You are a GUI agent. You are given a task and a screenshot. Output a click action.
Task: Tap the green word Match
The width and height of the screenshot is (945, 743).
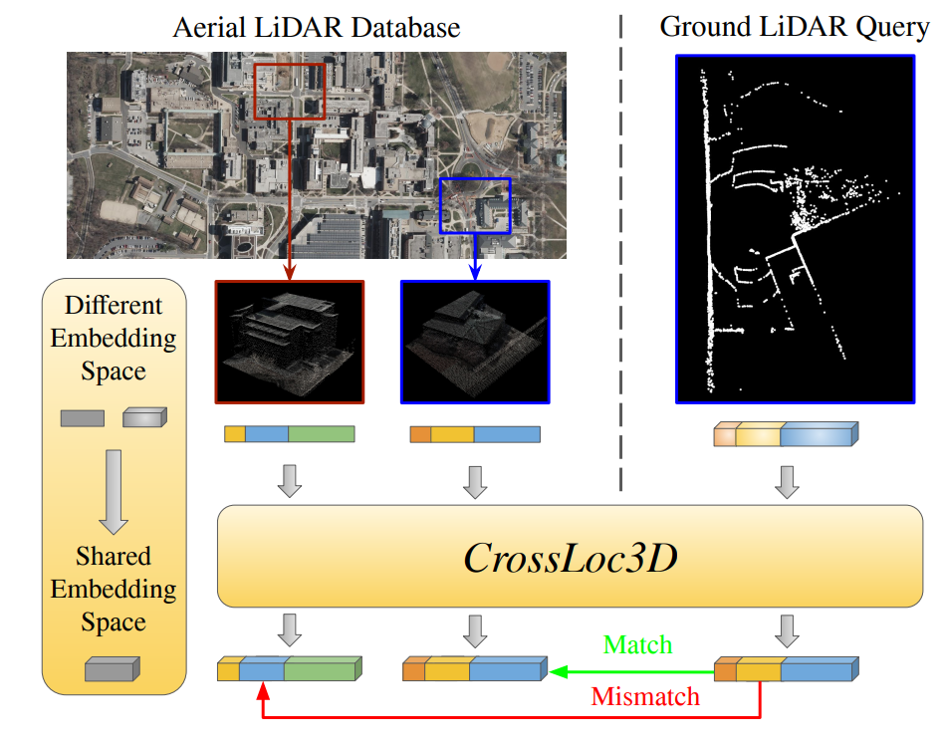click(638, 644)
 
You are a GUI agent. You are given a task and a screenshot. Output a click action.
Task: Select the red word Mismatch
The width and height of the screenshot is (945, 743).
click(645, 696)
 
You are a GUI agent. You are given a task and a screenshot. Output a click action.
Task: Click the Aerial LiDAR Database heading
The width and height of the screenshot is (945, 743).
click(317, 27)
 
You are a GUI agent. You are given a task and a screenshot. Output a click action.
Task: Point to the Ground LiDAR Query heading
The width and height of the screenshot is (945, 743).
click(794, 27)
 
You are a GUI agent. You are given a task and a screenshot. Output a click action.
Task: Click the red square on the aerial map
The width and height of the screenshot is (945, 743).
click(290, 92)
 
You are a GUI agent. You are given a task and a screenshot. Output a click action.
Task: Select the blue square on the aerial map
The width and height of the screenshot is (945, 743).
click(475, 206)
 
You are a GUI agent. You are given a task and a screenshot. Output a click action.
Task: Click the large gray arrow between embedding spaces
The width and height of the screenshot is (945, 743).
click(113, 491)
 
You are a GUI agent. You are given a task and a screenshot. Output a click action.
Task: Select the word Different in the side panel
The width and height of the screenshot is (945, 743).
click(114, 306)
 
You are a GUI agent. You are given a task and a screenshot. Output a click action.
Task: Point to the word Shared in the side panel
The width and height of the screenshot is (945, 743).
click(114, 556)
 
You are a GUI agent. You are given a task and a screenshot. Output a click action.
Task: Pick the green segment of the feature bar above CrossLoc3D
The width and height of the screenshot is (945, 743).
click(321, 434)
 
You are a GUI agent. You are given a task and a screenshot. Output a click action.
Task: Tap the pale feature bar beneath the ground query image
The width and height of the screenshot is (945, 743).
click(786, 435)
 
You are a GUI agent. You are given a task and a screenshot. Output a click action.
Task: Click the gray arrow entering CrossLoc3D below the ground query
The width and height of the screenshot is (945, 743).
click(787, 481)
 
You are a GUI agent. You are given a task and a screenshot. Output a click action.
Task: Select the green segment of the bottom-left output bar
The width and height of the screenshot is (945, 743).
click(322, 669)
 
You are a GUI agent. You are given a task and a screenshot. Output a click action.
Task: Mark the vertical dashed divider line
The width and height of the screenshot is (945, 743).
click(620, 249)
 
